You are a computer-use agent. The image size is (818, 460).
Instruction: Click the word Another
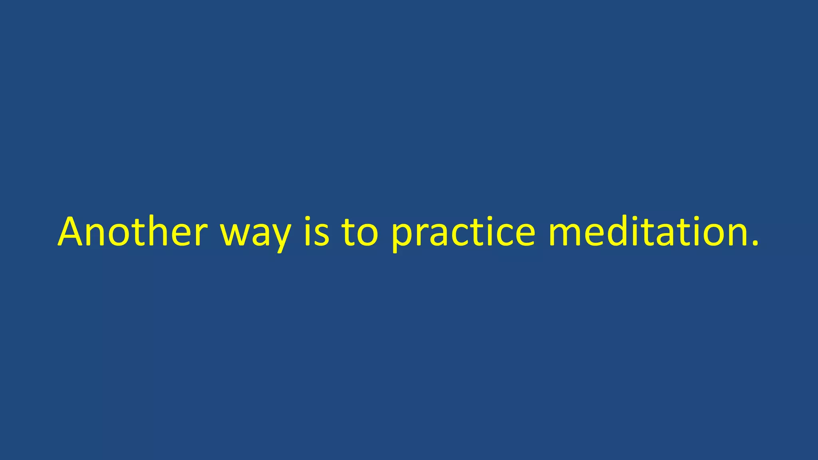coord(133,232)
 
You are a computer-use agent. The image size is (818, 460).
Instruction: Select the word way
coord(256,234)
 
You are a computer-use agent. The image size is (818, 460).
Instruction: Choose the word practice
coord(463,234)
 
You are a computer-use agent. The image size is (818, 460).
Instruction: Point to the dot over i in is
coord(308,219)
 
